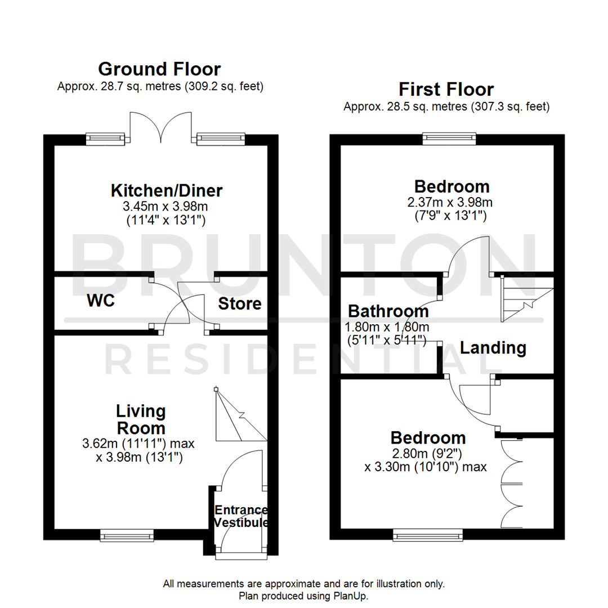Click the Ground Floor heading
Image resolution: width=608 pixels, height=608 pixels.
[x=159, y=69]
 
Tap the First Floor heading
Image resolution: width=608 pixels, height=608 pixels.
[x=446, y=90]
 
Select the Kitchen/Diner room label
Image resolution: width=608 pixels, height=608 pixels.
[x=166, y=190]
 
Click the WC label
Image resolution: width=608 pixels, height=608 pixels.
[x=101, y=301]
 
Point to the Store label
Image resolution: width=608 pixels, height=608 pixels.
[x=240, y=304]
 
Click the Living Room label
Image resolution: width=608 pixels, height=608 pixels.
[x=141, y=419]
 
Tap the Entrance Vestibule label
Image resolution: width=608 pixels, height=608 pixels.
[x=240, y=516]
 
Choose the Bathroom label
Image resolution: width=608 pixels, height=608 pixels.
[x=388, y=311]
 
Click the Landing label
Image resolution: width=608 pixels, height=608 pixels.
[x=493, y=348]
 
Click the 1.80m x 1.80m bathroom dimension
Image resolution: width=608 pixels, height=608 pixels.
[x=388, y=327]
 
